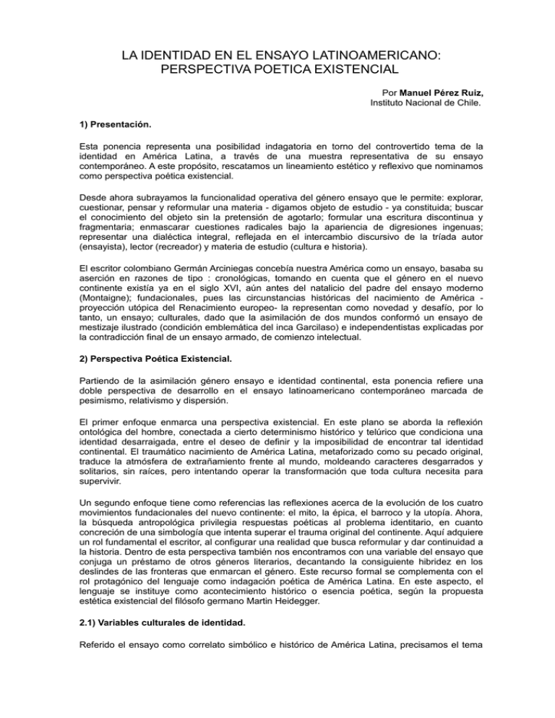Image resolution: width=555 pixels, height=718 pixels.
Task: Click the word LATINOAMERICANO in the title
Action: click(x=366, y=55)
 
